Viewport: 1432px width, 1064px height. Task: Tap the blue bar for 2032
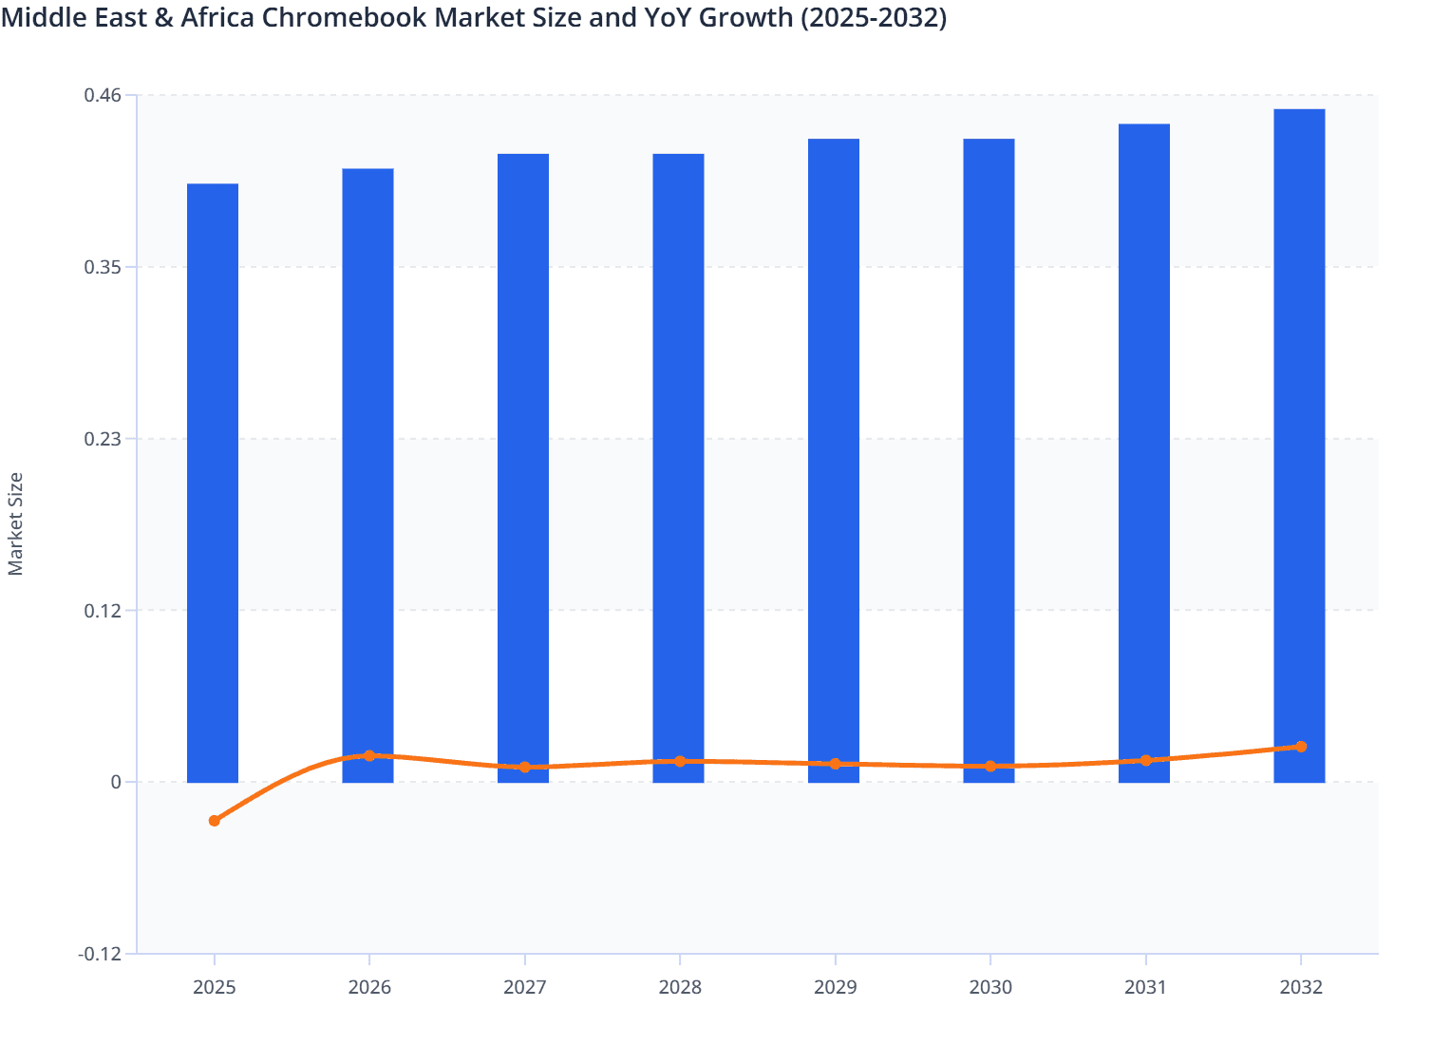click(x=1299, y=446)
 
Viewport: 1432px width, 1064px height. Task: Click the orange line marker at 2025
click(x=214, y=821)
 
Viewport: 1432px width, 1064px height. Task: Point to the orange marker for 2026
click(x=369, y=756)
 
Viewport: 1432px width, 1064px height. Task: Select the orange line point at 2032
click(x=1301, y=747)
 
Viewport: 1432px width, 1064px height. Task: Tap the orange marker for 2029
click(x=836, y=764)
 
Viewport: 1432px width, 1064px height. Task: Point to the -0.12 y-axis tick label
click(x=100, y=954)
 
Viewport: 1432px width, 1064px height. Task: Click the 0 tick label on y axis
click(x=116, y=782)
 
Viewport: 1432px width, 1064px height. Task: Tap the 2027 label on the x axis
click(x=524, y=988)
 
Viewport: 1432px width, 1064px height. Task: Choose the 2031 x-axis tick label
click(x=1145, y=988)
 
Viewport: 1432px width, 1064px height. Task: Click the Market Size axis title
click(x=15, y=523)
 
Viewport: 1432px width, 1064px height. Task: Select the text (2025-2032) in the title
click(x=874, y=17)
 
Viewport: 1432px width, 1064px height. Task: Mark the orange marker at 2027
click(x=524, y=768)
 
